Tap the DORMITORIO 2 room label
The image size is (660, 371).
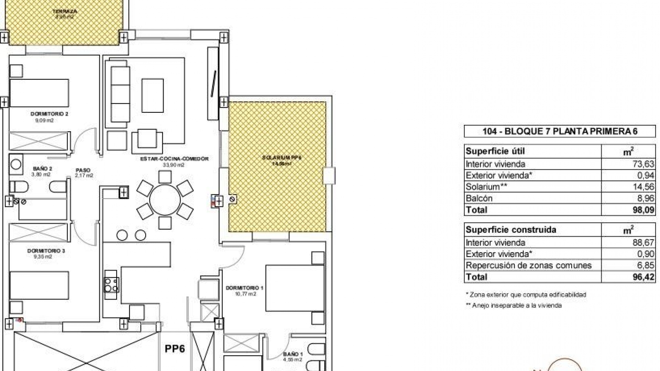[49, 114]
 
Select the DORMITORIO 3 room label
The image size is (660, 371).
[46, 251]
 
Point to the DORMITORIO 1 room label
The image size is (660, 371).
[244, 288]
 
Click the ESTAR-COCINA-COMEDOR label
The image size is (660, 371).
[174, 159]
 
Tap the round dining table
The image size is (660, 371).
[165, 200]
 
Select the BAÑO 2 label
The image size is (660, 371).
[43, 169]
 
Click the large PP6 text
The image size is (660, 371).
[175, 349]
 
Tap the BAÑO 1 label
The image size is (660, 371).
[293, 354]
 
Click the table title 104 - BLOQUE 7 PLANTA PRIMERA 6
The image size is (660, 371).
[560, 132]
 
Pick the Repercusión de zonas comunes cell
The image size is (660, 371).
[528, 266]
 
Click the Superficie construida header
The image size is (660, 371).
[510, 230]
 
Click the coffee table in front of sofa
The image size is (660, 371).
[153, 95]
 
